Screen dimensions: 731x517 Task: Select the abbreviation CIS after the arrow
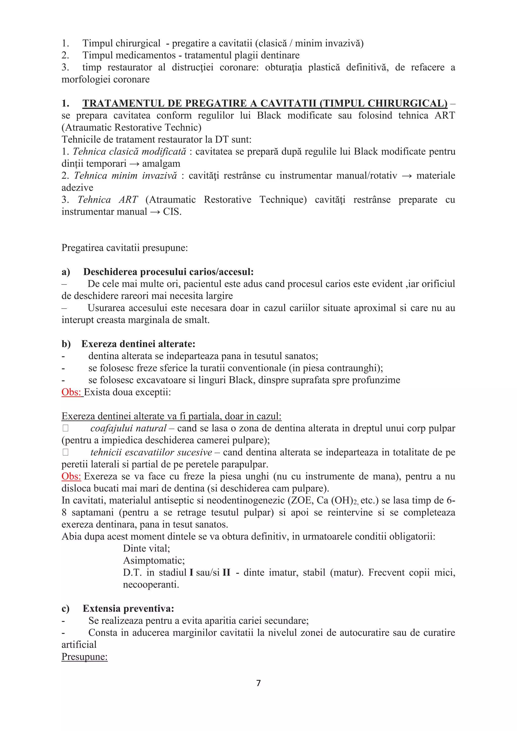click(x=172, y=212)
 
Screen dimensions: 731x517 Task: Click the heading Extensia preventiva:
click(x=128, y=608)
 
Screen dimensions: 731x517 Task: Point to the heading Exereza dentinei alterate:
click(x=138, y=344)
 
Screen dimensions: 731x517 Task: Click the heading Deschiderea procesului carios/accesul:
click(x=168, y=272)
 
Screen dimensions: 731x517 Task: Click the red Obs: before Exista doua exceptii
click(x=71, y=392)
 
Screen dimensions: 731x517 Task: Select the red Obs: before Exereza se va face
click(x=71, y=476)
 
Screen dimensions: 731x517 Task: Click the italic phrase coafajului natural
click(x=128, y=428)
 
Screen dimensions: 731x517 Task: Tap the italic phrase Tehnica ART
click(x=108, y=200)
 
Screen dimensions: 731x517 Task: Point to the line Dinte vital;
click(x=146, y=549)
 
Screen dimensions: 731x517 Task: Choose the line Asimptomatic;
click(x=154, y=561)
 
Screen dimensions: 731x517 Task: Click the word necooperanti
click(x=151, y=585)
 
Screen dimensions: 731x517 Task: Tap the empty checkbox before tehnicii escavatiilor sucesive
click(x=66, y=452)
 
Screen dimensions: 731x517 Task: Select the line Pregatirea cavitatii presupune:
click(x=124, y=248)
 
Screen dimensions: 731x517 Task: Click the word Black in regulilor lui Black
click(x=269, y=116)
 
